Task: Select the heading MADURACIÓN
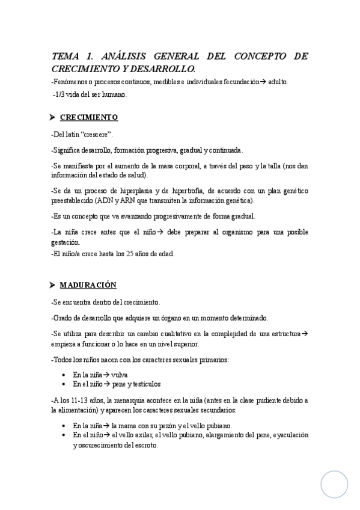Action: pyautogui.click(x=88, y=284)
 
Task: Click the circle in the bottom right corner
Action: pyautogui.click(x=334, y=484)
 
